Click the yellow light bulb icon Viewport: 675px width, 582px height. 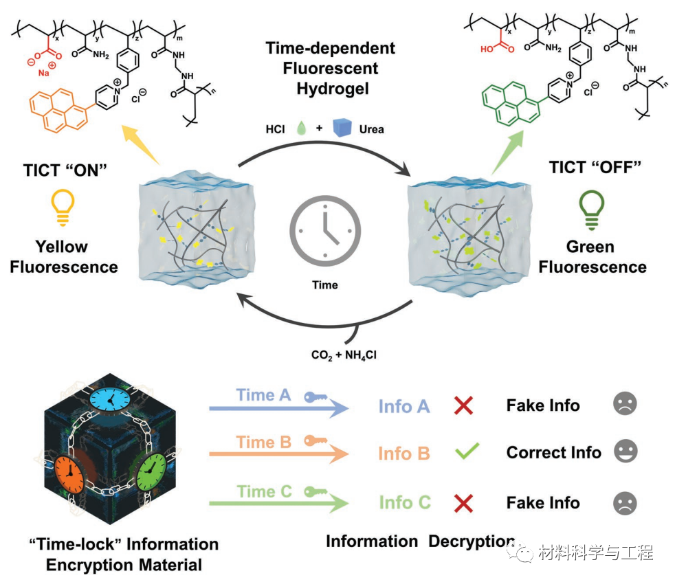pyautogui.click(x=64, y=206)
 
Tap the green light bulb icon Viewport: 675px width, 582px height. pyautogui.click(x=590, y=206)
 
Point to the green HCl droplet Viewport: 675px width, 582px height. pyautogui.click(x=300, y=128)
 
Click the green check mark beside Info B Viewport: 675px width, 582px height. pyautogui.click(x=465, y=452)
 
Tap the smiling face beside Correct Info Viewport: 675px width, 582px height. pyautogui.click(x=625, y=451)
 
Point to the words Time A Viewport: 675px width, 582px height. pyautogui.click(x=264, y=395)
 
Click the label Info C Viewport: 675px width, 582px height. pyautogui.click(x=404, y=502)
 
